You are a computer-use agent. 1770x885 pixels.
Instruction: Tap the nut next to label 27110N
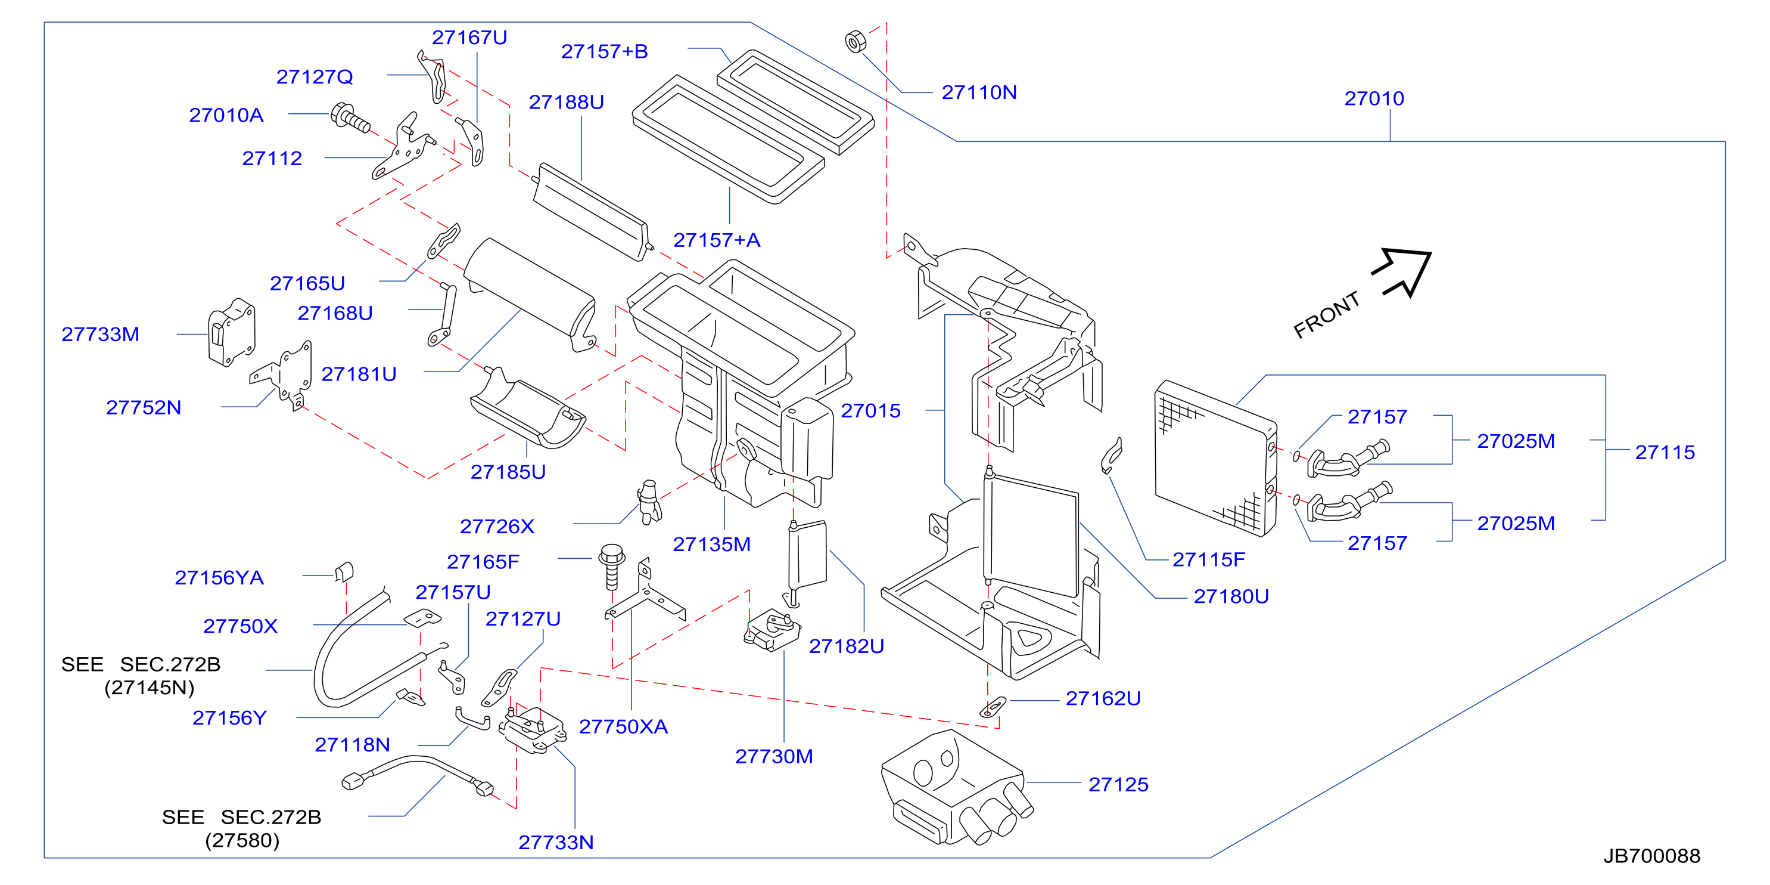coord(855,42)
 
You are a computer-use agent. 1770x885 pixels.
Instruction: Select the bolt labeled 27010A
coord(350,117)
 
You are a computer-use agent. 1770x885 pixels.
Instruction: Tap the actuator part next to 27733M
coord(232,332)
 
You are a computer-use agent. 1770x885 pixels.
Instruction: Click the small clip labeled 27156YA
coord(344,571)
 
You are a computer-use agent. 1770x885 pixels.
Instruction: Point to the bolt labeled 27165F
coord(611,567)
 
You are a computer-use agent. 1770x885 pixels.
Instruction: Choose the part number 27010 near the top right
coord(1374,98)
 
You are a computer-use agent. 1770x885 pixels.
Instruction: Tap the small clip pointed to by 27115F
coord(1112,455)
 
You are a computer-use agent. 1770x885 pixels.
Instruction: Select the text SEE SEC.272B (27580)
coord(242,828)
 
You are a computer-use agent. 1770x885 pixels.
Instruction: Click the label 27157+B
coord(605,51)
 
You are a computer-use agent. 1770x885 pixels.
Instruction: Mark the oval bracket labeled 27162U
coord(993,706)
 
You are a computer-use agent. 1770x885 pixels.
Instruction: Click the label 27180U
coord(1231,596)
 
